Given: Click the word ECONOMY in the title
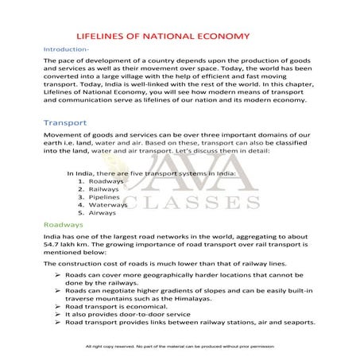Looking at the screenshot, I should (x=224, y=36).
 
